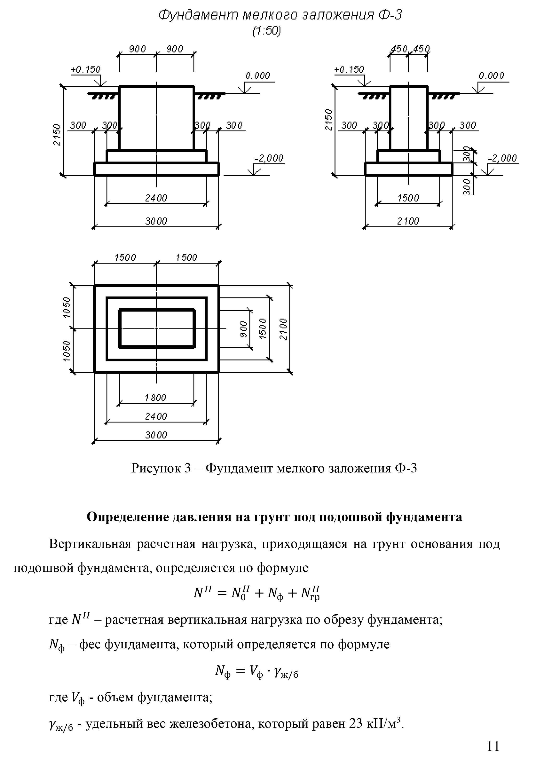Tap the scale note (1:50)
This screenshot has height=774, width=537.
coord(266,31)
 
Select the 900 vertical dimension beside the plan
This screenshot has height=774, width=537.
coord(244,329)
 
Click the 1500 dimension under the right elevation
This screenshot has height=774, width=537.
coord(409,198)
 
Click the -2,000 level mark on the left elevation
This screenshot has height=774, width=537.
coord(269,158)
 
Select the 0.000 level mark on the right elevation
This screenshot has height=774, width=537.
coord(491,76)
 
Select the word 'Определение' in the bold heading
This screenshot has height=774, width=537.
coord(128,517)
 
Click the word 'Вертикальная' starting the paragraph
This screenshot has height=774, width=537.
coord(90,544)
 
